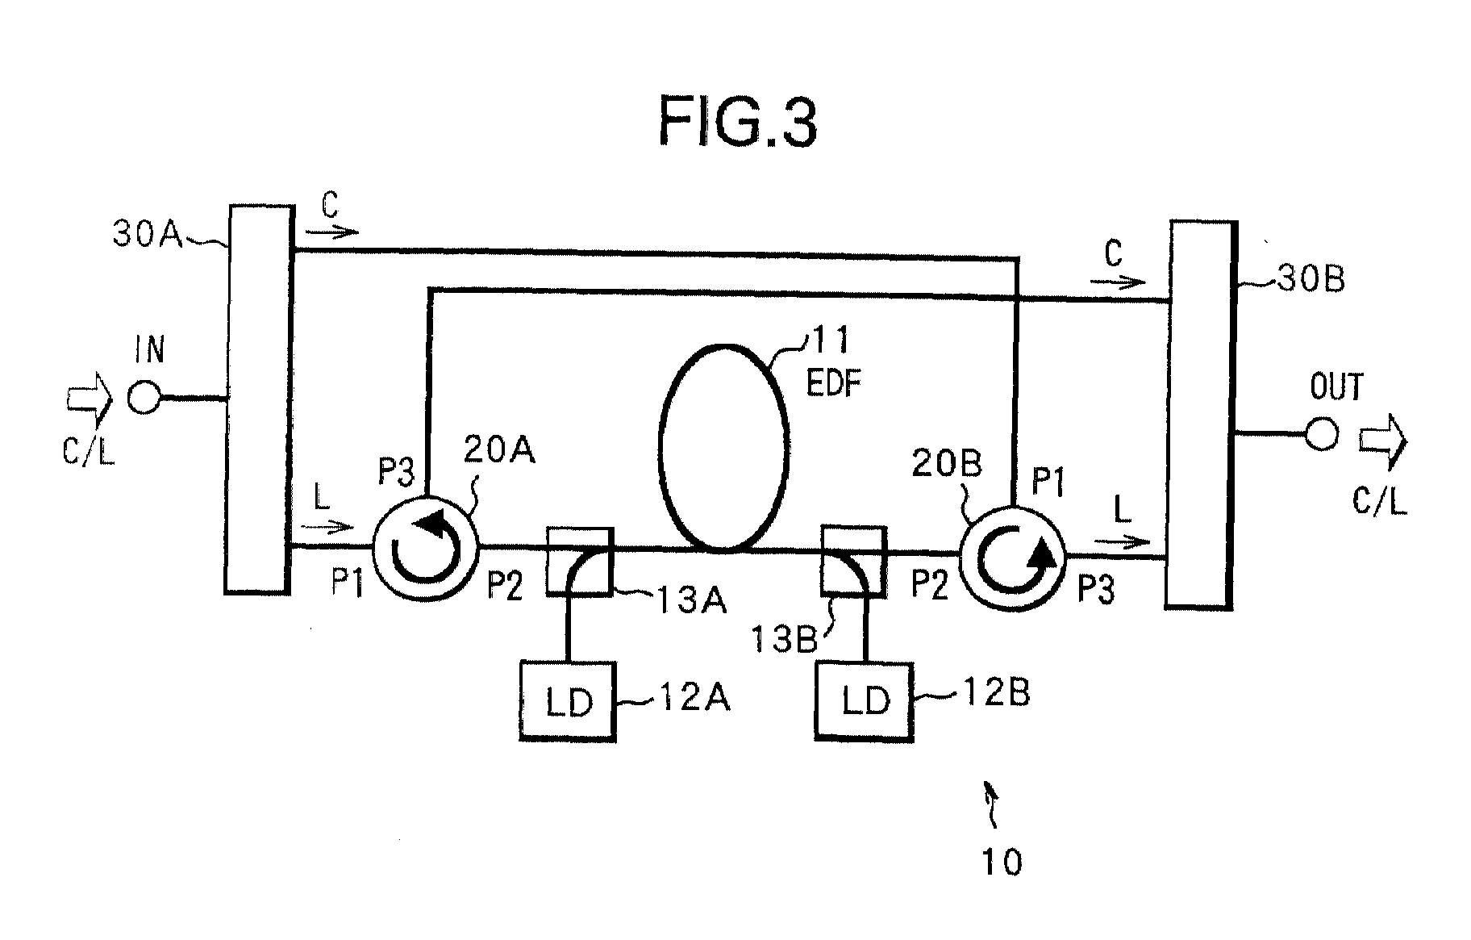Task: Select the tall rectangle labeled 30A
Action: [x=258, y=399]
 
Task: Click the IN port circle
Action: [x=144, y=398]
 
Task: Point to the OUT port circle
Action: [x=1321, y=433]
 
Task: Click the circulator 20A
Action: [x=425, y=546]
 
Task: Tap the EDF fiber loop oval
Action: [x=723, y=449]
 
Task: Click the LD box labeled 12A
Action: [x=568, y=700]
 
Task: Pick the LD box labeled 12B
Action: [x=865, y=700]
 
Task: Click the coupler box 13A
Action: [x=580, y=562]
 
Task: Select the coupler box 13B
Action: [x=853, y=562]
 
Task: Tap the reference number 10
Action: [x=1001, y=862]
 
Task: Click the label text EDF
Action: [x=834, y=383]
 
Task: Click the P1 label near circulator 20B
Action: [x=1048, y=484]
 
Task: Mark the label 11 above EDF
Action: [x=830, y=340]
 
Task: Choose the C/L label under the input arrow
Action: [x=89, y=451]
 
